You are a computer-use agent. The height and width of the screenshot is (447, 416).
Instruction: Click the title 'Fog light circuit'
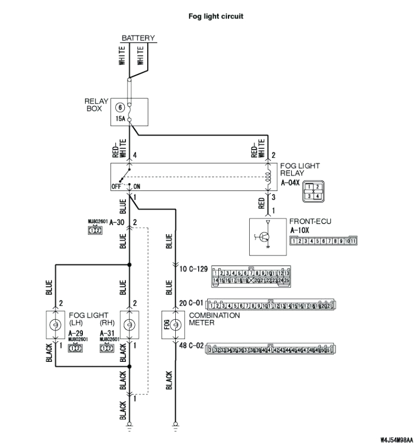click(216, 17)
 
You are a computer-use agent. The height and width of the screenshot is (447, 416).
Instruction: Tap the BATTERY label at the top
click(138, 38)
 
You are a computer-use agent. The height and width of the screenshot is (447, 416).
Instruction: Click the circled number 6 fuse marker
click(120, 108)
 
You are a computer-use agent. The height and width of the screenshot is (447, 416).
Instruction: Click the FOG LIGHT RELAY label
click(300, 170)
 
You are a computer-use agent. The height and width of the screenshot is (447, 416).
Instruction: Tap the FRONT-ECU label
click(310, 221)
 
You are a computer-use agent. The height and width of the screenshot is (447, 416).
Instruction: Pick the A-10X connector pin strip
click(324, 241)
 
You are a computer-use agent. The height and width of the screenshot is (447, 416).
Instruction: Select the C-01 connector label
click(193, 303)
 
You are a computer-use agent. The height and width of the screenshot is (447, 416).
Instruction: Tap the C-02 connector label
click(193, 347)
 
